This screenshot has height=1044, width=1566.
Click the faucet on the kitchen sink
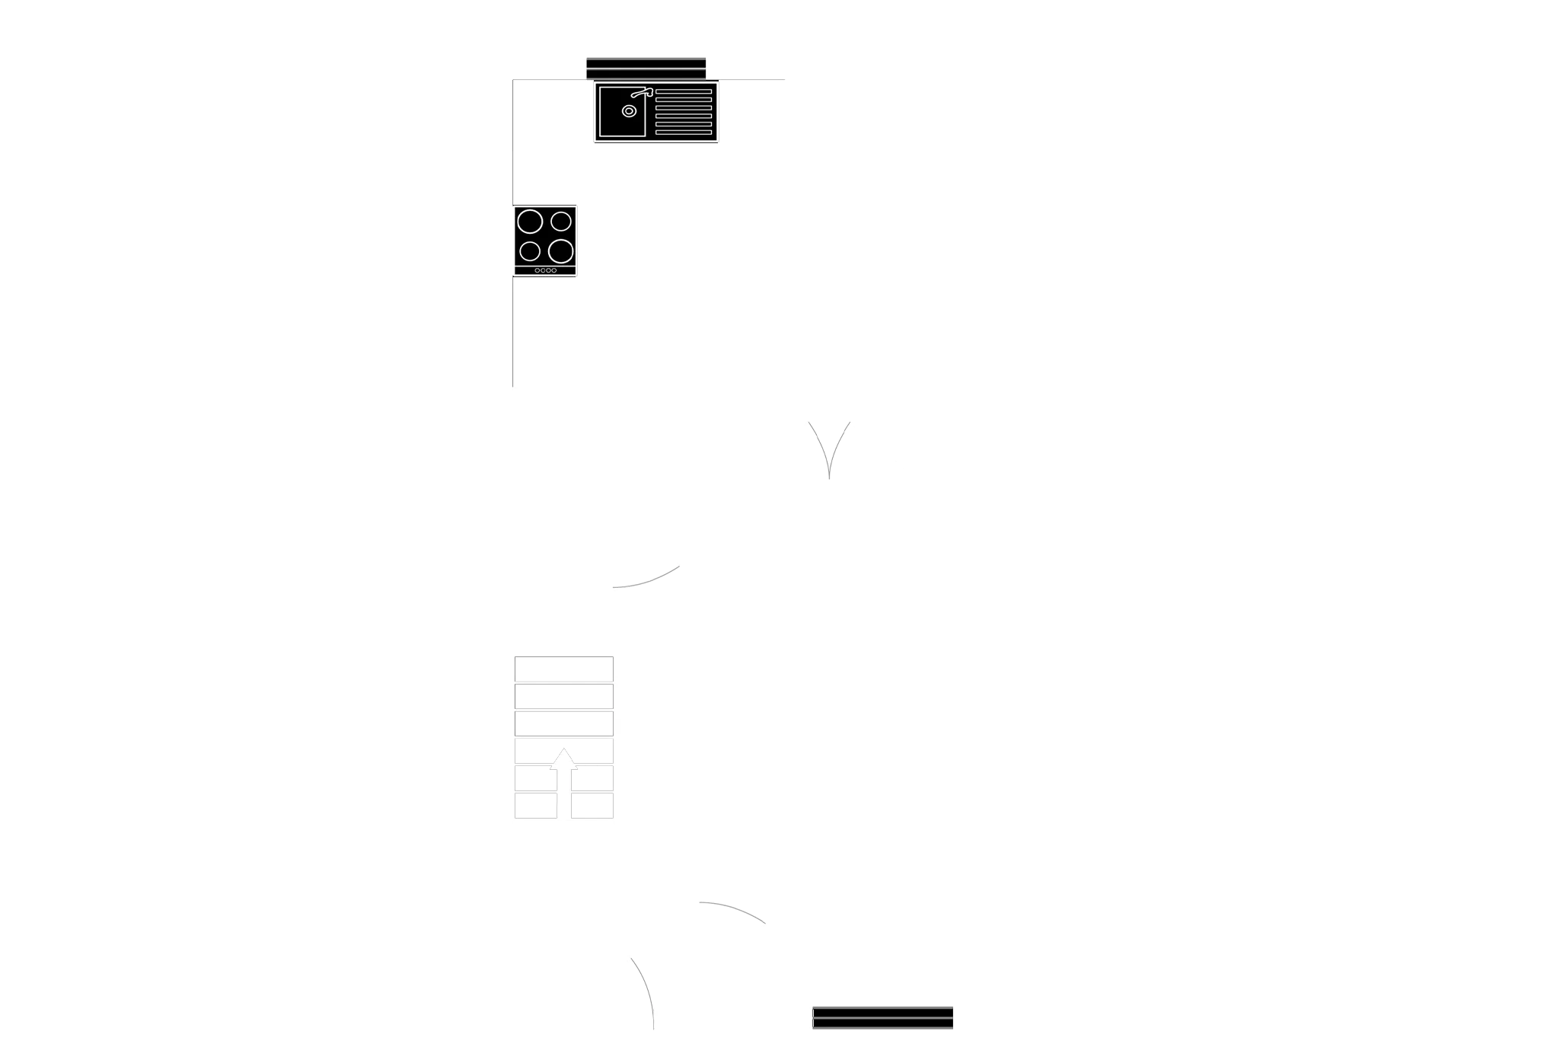pyautogui.click(x=642, y=94)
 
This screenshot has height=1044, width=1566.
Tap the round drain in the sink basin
pyautogui.click(x=629, y=111)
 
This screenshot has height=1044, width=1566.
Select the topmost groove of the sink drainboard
pyautogui.click(x=683, y=91)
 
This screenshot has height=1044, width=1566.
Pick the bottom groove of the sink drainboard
pyautogui.click(x=683, y=132)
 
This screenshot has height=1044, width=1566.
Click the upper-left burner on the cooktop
pyautogui.click(x=530, y=222)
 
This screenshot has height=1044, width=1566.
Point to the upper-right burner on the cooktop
pyautogui.click(x=561, y=222)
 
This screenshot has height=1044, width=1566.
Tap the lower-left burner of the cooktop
pyautogui.click(x=530, y=251)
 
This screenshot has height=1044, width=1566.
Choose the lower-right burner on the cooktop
pyautogui.click(x=561, y=251)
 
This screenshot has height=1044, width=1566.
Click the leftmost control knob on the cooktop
pyautogui.click(x=537, y=270)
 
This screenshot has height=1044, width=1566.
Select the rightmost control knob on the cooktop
pyautogui.click(x=553, y=270)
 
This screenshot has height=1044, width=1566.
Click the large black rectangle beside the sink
pyautogui.click(x=919, y=122)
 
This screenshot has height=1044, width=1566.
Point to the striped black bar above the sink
pyautogui.click(x=646, y=67)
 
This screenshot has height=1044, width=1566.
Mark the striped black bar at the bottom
pyautogui.click(x=882, y=1017)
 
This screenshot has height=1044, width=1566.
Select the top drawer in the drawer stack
pyautogui.click(x=563, y=668)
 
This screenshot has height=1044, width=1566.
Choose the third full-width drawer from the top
pyautogui.click(x=563, y=723)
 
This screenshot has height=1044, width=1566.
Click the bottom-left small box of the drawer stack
pyautogui.click(x=536, y=805)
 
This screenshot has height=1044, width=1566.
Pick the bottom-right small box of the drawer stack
pyautogui.click(x=592, y=805)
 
